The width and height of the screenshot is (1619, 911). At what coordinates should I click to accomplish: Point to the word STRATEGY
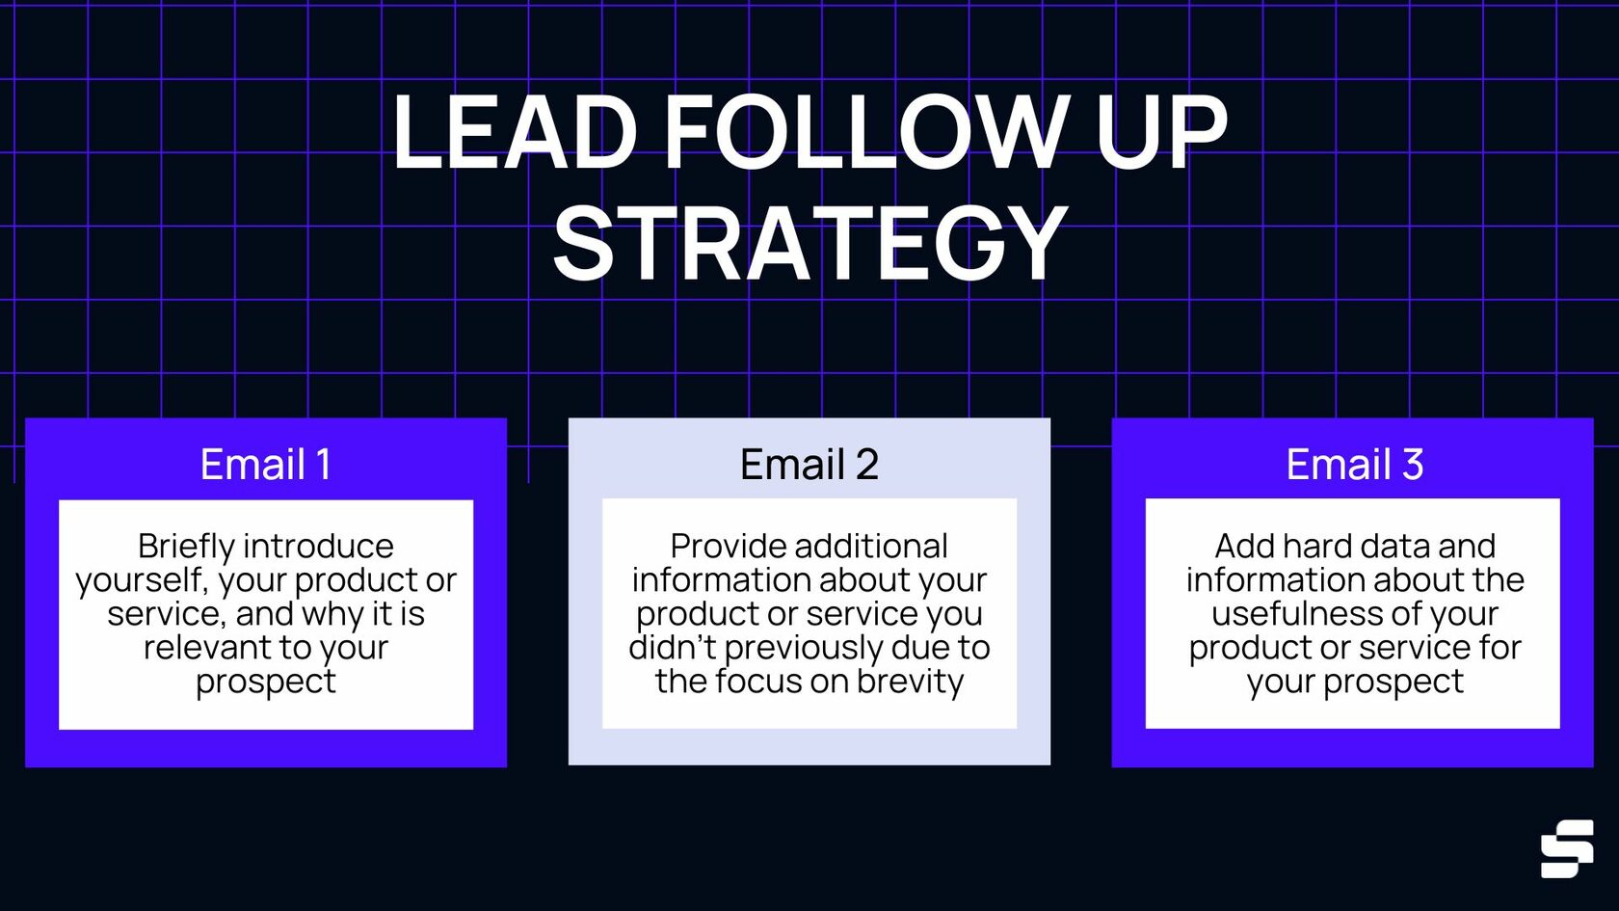coord(809,243)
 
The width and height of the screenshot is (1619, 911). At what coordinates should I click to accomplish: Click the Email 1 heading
coord(265,465)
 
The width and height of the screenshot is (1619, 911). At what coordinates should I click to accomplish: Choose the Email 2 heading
coord(809,465)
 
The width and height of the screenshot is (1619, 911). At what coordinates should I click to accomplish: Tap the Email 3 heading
coord(1354,465)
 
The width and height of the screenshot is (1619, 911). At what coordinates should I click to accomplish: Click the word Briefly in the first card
coord(186,547)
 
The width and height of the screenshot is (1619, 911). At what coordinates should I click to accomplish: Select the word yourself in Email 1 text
coord(141,580)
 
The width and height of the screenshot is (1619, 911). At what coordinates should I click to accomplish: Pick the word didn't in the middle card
coord(672,647)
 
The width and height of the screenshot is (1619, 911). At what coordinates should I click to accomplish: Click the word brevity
coord(910,682)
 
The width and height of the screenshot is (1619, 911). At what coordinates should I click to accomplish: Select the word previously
coord(804,648)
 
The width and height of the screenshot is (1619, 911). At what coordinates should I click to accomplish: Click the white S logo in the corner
coord(1566,848)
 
